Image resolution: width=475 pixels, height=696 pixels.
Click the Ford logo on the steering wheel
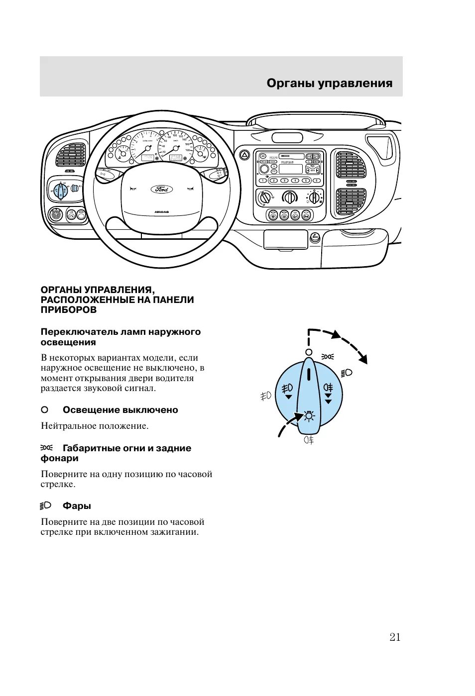click(162, 189)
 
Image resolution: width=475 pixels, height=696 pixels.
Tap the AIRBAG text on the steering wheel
click(162, 212)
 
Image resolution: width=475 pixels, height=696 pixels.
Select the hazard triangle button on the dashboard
click(244, 155)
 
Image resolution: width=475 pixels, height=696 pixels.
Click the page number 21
click(395, 637)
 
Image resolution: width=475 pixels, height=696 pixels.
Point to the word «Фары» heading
click(77, 506)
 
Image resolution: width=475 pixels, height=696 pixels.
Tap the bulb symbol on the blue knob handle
click(309, 416)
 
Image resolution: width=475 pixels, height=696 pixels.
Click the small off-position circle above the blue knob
click(309, 352)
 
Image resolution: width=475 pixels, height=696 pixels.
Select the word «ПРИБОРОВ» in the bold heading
click(69, 310)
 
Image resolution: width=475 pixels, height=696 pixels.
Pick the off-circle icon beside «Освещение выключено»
click(44, 410)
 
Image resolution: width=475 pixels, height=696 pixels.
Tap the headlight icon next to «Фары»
click(46, 505)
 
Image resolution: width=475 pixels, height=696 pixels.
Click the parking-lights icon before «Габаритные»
click(46, 448)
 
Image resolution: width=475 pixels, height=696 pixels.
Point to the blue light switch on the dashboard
click(60, 190)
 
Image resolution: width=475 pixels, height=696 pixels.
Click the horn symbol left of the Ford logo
click(133, 188)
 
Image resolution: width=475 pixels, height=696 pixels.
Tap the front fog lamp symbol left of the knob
click(266, 396)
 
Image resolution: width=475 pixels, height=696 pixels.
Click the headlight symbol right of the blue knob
click(347, 373)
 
